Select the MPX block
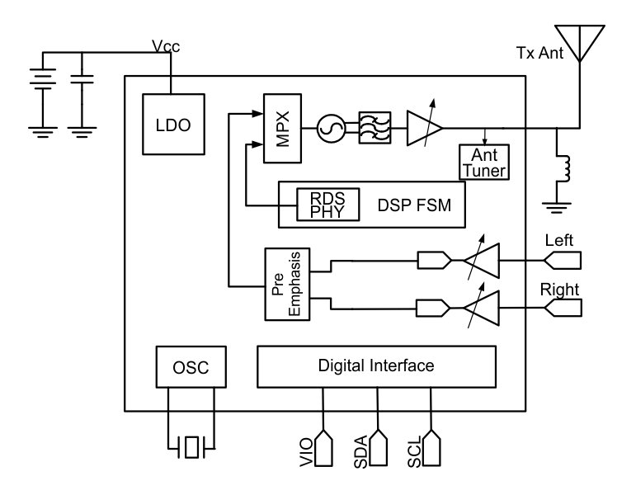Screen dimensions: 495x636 click(279, 128)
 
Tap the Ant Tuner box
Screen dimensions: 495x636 click(483, 162)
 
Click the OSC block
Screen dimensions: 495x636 click(191, 367)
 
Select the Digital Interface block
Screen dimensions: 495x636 click(376, 365)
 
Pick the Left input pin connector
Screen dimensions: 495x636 click(564, 262)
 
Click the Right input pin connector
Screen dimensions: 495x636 click(564, 307)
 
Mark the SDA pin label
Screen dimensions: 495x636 click(360, 455)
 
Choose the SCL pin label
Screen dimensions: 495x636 click(415, 455)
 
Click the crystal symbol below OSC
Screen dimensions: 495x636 click(191, 447)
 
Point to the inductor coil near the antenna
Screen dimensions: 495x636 click(565, 167)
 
